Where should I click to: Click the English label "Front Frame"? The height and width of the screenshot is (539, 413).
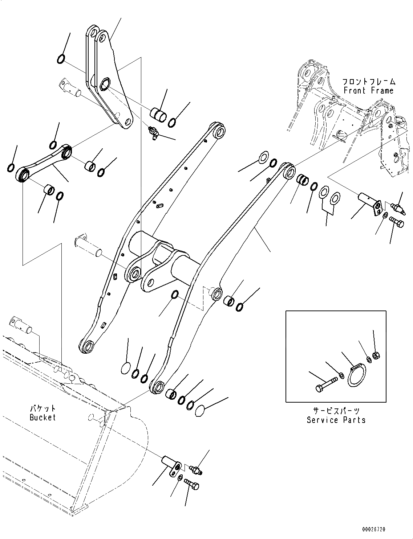click(x=368, y=91)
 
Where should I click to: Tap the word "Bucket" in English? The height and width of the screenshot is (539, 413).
click(x=43, y=417)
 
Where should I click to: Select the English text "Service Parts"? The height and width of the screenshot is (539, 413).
click(x=336, y=420)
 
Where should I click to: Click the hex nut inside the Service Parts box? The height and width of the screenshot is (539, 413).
click(x=377, y=356)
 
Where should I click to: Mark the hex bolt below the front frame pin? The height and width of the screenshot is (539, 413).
click(x=396, y=222)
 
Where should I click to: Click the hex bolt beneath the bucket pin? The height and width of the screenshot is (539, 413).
click(x=191, y=484)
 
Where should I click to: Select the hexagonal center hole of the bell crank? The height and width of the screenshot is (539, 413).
click(x=104, y=84)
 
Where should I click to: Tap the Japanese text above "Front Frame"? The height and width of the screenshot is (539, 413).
click(x=368, y=82)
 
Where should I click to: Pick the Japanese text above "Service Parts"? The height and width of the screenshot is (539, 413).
click(x=336, y=411)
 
